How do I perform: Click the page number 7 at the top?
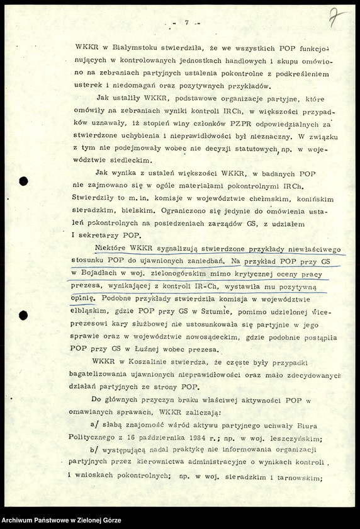point(187,22)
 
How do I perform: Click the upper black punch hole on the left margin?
point(23,181)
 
